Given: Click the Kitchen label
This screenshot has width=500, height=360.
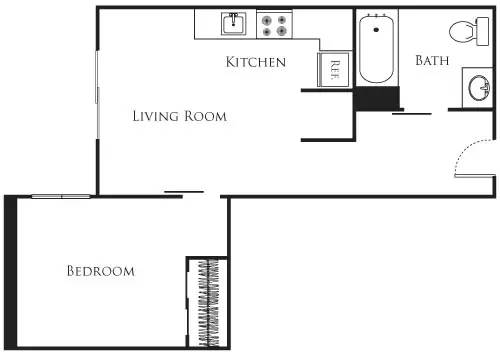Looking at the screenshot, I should point(256,62).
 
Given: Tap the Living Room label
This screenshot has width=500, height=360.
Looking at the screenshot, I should point(180,116).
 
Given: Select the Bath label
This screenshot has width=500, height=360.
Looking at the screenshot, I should point(431,61).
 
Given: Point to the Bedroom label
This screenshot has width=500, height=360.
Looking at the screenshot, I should point(100,271).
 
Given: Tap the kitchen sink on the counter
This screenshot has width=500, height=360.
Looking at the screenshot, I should point(233,23).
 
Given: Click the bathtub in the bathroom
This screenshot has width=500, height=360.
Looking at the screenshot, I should point(377,48).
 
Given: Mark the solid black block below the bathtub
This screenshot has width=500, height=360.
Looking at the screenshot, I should point(377,98).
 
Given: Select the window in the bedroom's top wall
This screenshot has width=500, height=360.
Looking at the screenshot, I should point(62,196).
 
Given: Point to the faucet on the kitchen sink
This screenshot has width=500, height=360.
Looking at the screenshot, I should point(233,16).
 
